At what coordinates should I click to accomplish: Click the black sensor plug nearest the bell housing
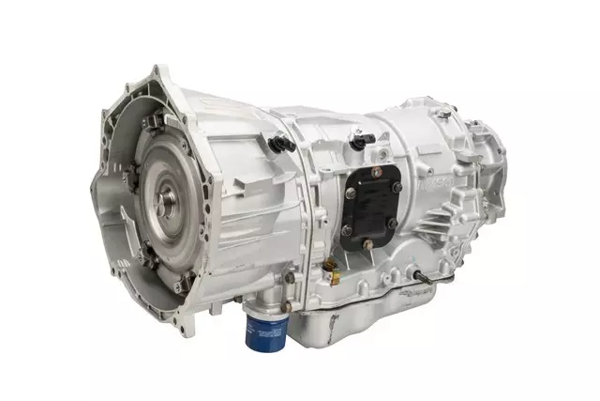pyautogui.click(x=277, y=143)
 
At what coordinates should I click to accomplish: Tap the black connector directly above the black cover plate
pyautogui.click(x=358, y=142)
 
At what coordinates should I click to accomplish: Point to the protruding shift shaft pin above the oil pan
pyautogui.click(x=413, y=279)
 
